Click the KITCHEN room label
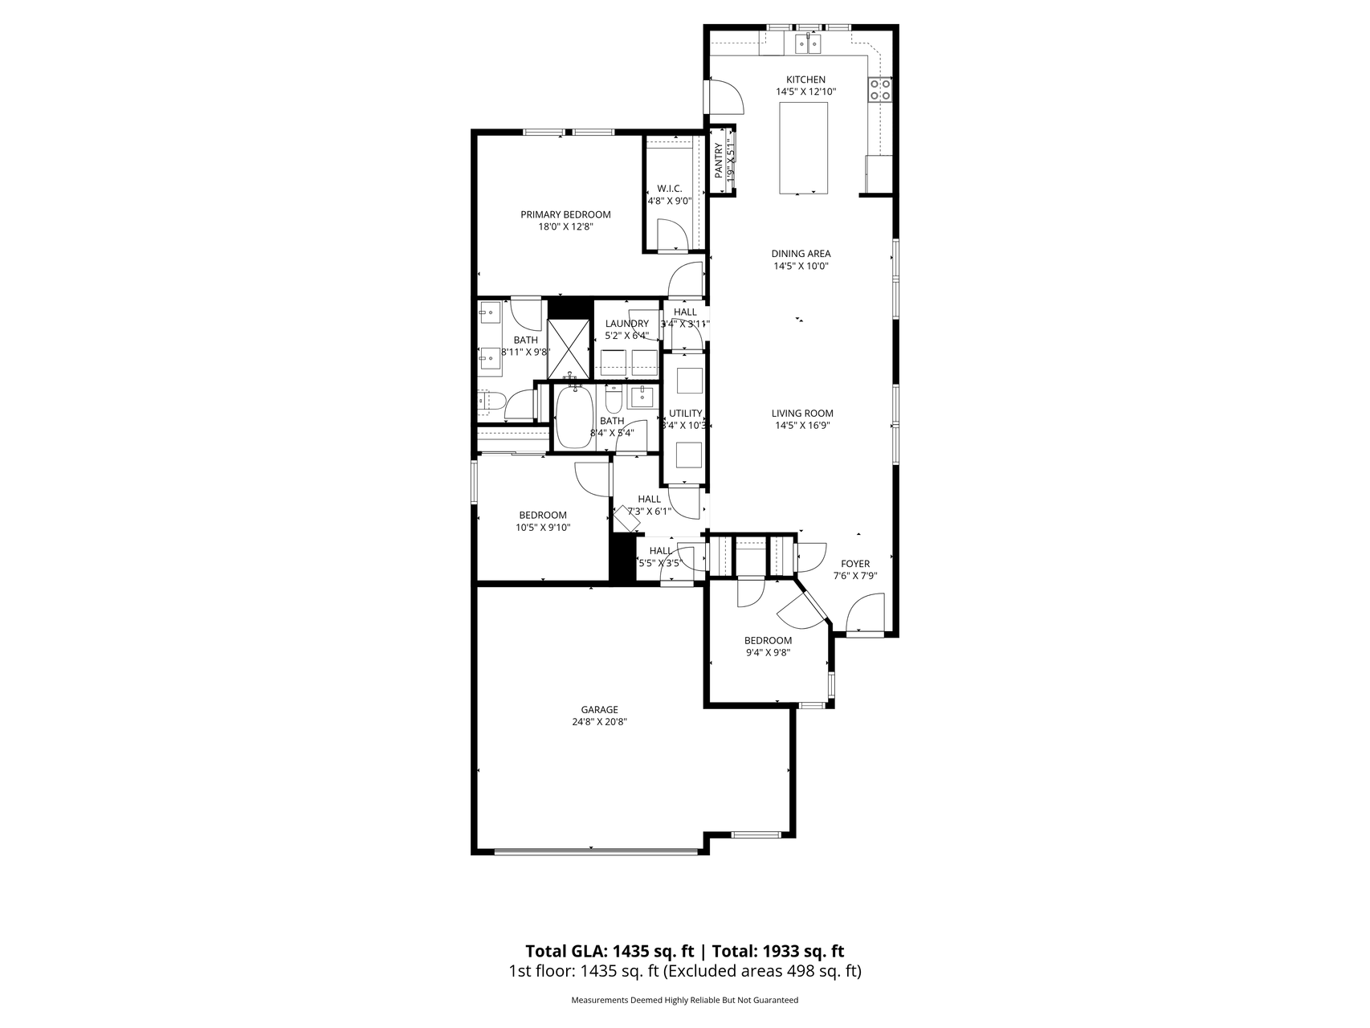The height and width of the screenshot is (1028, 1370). tap(805, 80)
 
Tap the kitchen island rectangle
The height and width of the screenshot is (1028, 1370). tap(804, 148)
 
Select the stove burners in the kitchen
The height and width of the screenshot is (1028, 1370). tap(880, 88)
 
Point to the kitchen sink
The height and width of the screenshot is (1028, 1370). tap(807, 43)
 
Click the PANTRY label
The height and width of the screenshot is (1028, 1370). tap(719, 161)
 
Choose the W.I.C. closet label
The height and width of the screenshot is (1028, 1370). tap(669, 189)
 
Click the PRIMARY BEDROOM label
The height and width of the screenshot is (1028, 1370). tap(565, 214)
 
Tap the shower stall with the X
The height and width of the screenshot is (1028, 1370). tap(569, 349)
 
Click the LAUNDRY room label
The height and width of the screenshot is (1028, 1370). tap(626, 324)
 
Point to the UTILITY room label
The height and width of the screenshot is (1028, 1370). tap(685, 414)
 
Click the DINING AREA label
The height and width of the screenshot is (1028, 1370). tap(801, 254)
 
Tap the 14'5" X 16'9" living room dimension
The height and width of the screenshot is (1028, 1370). tap(802, 426)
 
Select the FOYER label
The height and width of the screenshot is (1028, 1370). tap(855, 564)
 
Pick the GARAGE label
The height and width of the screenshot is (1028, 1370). tap(600, 709)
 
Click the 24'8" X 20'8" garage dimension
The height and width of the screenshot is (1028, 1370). tap(600, 721)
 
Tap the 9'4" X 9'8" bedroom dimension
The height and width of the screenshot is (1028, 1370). tap(768, 653)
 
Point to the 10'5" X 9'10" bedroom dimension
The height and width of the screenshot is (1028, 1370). tap(543, 528)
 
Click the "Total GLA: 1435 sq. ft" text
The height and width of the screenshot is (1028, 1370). tap(610, 952)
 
